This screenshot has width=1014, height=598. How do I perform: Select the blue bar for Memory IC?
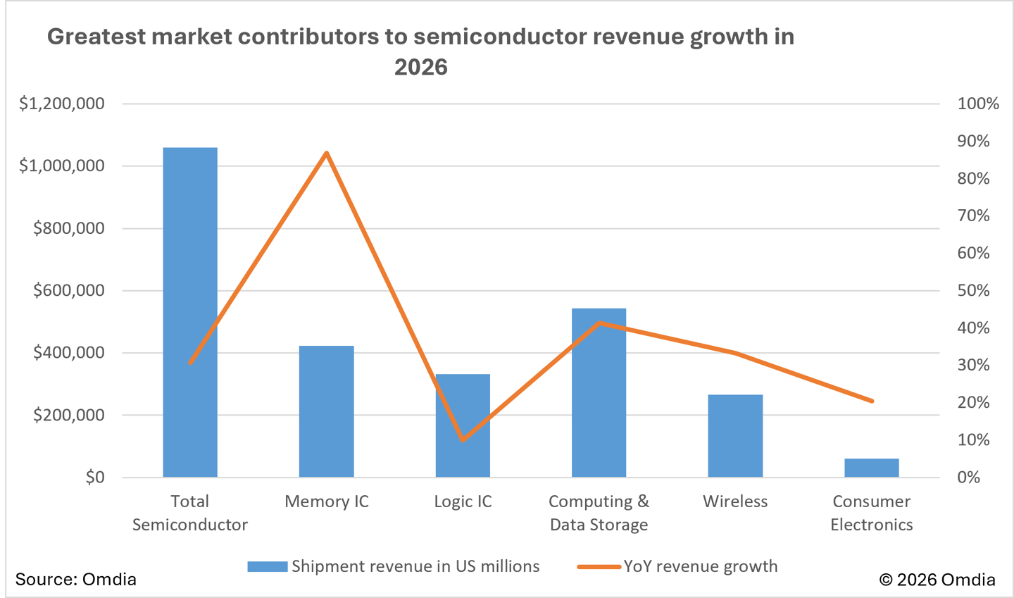[x=326, y=411]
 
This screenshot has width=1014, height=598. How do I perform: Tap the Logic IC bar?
[x=463, y=425]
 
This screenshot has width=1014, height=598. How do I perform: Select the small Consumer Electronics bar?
[x=871, y=468]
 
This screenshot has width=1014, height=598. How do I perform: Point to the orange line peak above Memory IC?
[x=327, y=153]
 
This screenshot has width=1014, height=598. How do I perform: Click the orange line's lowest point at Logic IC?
[x=463, y=440]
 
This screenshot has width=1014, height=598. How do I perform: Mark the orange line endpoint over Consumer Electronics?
[x=872, y=401]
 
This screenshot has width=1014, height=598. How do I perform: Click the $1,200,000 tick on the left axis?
[x=62, y=104]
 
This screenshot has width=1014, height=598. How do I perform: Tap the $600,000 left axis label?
[x=69, y=290]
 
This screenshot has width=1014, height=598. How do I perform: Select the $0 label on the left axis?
[x=94, y=477]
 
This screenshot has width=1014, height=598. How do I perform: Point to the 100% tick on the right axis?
[x=977, y=104]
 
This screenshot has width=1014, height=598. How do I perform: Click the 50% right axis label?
[x=973, y=290]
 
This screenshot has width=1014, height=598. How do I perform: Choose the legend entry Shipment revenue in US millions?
[x=394, y=566]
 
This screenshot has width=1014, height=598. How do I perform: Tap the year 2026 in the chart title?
[x=420, y=67]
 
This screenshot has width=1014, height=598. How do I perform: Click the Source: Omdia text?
[x=75, y=579]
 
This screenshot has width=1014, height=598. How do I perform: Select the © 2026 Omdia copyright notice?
[x=937, y=579]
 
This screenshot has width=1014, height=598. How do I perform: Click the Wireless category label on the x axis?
[x=735, y=502]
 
